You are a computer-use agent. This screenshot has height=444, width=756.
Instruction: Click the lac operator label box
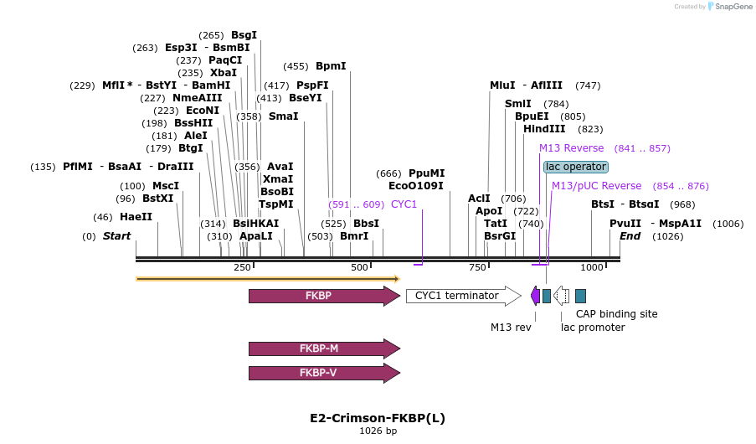click(575, 167)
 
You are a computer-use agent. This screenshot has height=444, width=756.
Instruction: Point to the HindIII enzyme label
click(544, 129)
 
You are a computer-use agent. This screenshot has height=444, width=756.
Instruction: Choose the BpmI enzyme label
click(331, 66)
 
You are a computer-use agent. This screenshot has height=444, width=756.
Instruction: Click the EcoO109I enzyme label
click(416, 186)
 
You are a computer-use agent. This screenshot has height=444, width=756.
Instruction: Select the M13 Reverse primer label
click(571, 148)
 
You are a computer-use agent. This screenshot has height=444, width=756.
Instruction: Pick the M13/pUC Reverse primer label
click(596, 186)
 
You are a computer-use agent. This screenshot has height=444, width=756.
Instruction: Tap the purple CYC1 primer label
click(404, 204)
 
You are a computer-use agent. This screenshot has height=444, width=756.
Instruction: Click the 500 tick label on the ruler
click(360, 267)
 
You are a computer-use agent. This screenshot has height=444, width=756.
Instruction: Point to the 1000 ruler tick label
click(592, 267)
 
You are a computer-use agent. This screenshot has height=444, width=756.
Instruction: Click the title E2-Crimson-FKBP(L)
click(378, 418)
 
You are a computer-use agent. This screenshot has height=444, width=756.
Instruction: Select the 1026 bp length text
click(378, 431)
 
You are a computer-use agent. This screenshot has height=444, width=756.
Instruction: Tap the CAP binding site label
click(616, 314)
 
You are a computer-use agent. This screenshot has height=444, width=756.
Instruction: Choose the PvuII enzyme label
click(625, 224)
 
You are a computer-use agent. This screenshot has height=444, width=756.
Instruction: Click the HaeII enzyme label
click(136, 217)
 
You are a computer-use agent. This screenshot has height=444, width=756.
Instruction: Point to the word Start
click(116, 236)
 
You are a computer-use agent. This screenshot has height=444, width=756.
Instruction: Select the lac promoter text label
click(593, 328)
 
